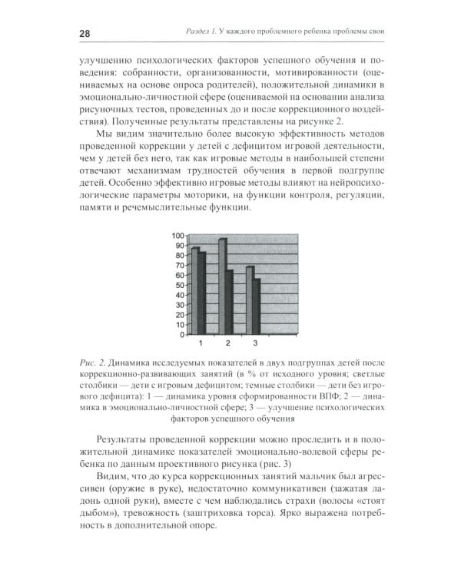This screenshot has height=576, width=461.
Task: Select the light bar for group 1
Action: pos(195,292)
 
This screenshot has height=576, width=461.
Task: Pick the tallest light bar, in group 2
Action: pos(223,287)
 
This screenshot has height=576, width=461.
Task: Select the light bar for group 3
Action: pos(250,300)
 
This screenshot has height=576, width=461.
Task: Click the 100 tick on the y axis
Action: pos(177,236)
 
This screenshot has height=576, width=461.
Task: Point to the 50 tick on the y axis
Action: pos(179,285)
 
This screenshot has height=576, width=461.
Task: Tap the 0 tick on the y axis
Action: pos(181,335)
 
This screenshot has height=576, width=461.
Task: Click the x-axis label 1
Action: pos(200,343)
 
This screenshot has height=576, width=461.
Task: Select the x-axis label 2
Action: pos(227,343)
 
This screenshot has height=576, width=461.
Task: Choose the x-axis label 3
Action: pos(255,343)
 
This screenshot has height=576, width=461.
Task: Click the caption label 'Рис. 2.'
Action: pos(93,360)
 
